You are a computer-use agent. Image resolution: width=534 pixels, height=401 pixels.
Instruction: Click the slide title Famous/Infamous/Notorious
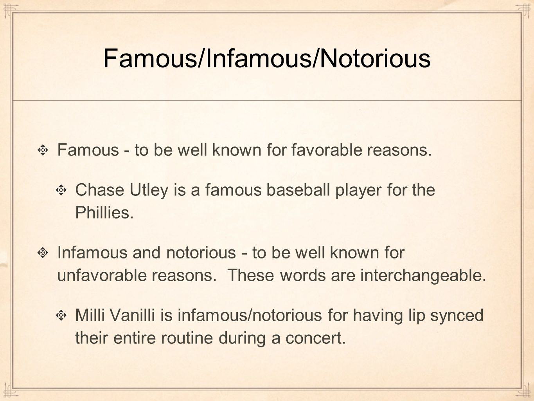267,58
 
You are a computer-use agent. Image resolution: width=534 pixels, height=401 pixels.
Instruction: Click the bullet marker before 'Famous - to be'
43,150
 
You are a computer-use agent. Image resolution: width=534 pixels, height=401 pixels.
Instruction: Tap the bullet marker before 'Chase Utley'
61,190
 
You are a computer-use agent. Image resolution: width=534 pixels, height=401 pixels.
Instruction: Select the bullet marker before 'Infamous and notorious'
43,253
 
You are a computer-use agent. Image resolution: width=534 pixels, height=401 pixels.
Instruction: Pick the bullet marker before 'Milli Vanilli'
61,315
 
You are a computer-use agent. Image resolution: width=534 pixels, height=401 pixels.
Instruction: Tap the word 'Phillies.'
104,212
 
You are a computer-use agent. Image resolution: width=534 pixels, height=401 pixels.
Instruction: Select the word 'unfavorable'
102,275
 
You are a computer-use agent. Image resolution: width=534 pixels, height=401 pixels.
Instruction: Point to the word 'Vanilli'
132,315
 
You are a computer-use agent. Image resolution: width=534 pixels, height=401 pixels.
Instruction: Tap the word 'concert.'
316,339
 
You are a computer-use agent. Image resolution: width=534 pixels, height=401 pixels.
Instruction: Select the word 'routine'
187,338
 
